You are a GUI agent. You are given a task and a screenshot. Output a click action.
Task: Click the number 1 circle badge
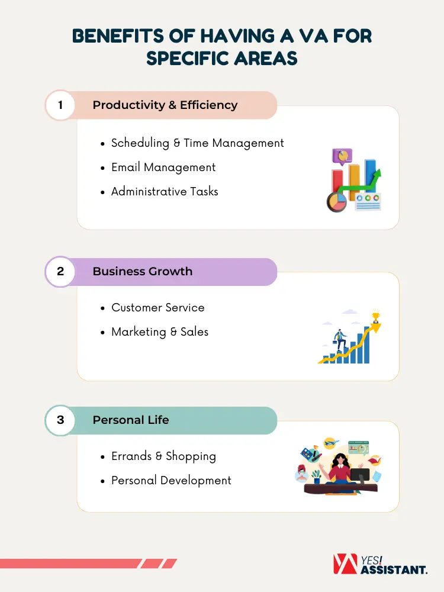[x=60, y=105]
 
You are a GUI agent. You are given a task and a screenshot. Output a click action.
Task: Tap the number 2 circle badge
[x=60, y=272]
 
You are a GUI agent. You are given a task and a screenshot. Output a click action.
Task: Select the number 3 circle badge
[x=60, y=420]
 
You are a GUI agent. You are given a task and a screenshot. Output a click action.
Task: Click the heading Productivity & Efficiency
[x=165, y=105]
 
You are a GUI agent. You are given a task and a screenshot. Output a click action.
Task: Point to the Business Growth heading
[x=142, y=271]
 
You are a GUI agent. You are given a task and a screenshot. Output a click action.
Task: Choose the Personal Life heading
[x=131, y=420]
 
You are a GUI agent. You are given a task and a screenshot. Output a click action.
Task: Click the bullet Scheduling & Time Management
[x=198, y=143]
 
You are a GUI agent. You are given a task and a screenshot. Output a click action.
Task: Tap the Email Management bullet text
[x=163, y=168]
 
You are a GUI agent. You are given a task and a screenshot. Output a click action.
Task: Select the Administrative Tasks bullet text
[x=165, y=191]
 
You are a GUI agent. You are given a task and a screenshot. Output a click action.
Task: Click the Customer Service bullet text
[x=158, y=307]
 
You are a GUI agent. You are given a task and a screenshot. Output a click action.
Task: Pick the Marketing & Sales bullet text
[x=160, y=332]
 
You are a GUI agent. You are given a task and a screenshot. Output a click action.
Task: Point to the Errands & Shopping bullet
[x=163, y=456]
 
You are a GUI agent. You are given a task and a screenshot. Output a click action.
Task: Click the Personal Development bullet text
[x=171, y=480]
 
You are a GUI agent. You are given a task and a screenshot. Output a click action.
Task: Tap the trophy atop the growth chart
[x=376, y=316]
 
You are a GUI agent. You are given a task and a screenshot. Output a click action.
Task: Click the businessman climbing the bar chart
[x=340, y=340]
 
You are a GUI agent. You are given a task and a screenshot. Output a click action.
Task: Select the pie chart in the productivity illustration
[x=337, y=202]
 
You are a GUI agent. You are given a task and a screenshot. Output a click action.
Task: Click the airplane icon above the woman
[x=331, y=442]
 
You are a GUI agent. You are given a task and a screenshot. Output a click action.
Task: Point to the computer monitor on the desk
[x=360, y=476]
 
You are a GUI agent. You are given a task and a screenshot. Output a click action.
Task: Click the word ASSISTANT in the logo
[x=394, y=570]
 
